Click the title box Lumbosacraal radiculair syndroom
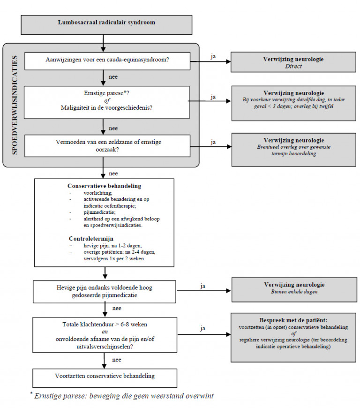point(106,25)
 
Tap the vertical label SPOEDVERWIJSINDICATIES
point(15,105)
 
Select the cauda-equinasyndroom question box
point(107,61)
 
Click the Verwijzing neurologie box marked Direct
point(293,62)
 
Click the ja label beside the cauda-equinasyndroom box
point(213,56)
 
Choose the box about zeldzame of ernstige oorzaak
point(107,146)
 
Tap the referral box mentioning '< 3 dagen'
point(293,103)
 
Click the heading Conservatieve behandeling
point(105,186)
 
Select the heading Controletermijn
point(91,239)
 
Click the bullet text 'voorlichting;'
point(98,193)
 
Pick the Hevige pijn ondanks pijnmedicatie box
point(105,292)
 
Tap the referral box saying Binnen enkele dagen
point(294,290)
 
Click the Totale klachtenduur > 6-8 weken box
point(105,335)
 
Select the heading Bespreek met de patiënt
point(293,320)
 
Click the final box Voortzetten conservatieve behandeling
point(105,378)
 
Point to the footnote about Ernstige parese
point(122,396)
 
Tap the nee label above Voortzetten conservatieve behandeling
point(117,360)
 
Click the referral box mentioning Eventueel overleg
point(293,150)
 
